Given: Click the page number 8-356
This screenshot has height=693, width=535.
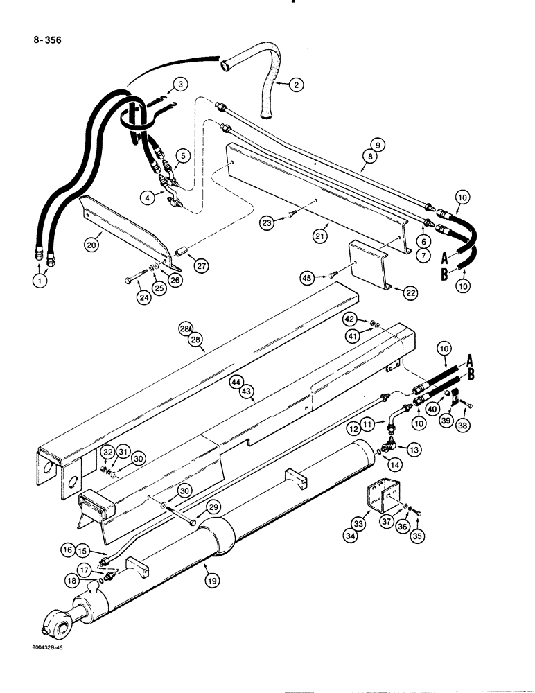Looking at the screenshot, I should [x=44, y=40].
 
